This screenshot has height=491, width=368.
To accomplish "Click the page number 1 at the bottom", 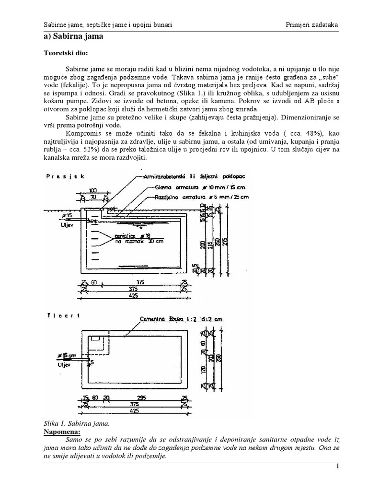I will click(337, 466).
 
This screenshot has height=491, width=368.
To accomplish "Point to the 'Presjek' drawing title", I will click(65, 176).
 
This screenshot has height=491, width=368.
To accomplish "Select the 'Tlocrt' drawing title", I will click(63, 316).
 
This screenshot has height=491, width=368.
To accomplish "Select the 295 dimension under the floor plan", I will click(141, 397).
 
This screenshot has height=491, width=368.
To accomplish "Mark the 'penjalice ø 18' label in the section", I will click(131, 236).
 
